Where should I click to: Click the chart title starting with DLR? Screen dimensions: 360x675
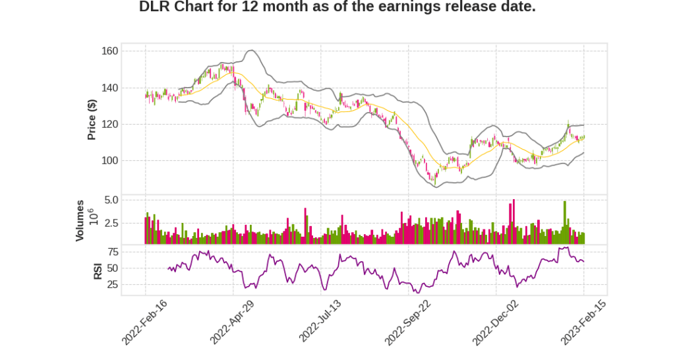(x=337, y=7)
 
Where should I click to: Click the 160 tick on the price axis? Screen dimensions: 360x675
(x=109, y=51)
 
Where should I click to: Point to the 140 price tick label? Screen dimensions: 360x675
(x=109, y=88)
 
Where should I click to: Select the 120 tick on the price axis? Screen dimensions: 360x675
(x=109, y=124)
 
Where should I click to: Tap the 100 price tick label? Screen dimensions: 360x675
(x=109, y=160)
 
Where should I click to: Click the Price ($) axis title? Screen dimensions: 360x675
(x=92, y=119)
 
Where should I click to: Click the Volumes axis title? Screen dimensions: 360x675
(x=80, y=220)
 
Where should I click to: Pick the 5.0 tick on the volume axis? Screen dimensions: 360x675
(x=111, y=200)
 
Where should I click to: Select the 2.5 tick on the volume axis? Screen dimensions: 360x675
(x=111, y=224)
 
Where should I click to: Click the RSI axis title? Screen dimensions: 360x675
(x=98, y=270)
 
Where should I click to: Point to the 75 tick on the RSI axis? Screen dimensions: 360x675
(x=112, y=252)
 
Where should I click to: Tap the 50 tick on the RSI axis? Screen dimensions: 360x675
(x=112, y=268)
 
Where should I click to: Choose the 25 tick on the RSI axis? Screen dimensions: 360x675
(x=112, y=285)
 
